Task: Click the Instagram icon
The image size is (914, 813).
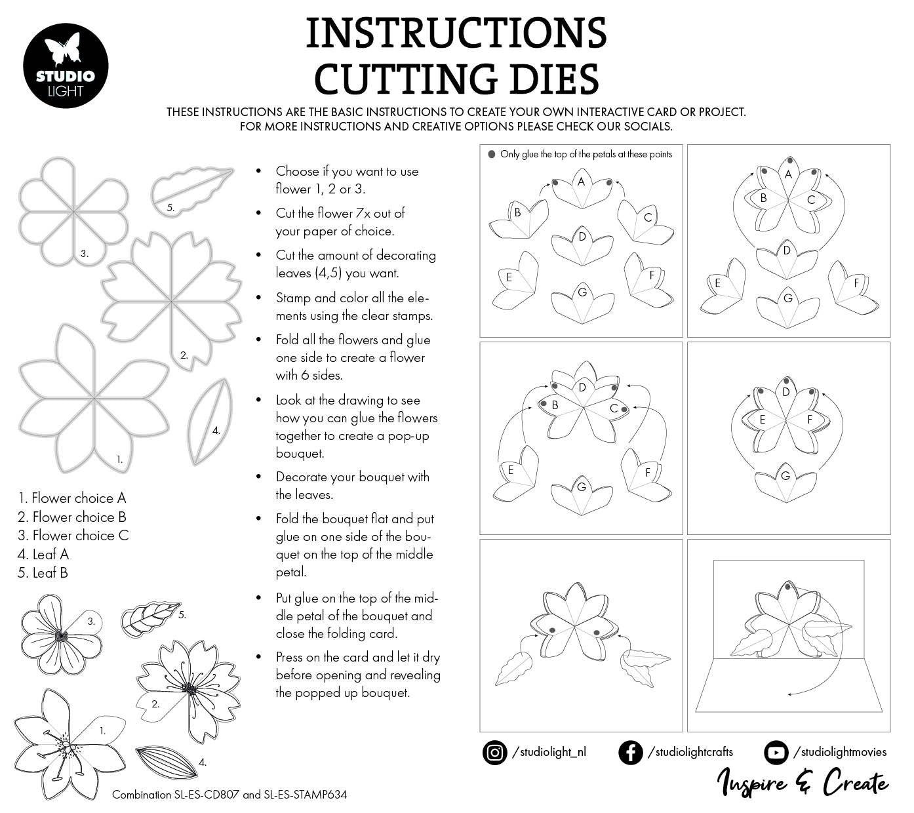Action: [495, 752]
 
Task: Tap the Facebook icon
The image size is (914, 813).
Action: [630, 752]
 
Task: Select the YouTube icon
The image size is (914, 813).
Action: [776, 752]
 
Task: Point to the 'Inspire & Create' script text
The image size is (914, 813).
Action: [803, 782]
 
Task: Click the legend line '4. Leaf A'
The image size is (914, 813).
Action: [43, 554]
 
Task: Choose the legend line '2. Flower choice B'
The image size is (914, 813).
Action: [72, 517]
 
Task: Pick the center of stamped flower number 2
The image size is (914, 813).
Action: [190, 688]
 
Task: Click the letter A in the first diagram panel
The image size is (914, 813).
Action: [581, 182]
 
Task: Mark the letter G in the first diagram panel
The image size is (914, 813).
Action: [582, 292]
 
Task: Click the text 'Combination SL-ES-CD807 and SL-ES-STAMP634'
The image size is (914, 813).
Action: [229, 795]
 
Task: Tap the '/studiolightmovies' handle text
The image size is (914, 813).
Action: [839, 752]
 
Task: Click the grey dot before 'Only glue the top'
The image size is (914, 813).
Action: [491, 155]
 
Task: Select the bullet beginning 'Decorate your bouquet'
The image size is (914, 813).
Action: [352, 485]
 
